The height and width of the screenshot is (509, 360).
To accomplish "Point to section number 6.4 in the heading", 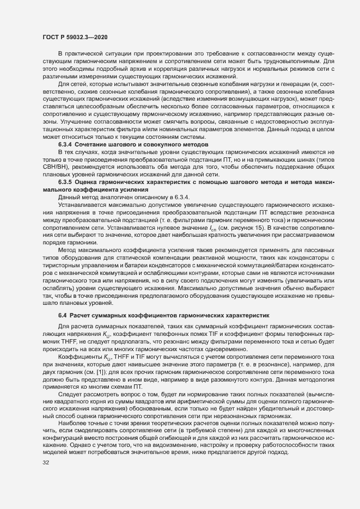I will coord(63,316).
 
